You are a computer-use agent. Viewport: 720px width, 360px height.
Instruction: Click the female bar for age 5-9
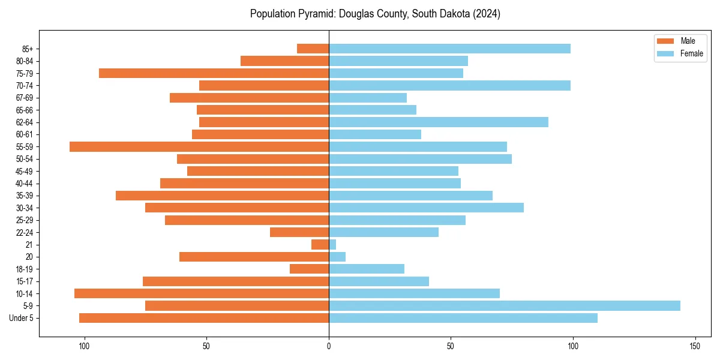pyautogui.click(x=504, y=306)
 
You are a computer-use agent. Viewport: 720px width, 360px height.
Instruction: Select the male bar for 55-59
pyautogui.click(x=199, y=146)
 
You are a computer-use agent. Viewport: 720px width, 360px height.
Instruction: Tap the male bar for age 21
pyautogui.click(x=320, y=245)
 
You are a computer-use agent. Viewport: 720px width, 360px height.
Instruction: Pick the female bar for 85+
pyautogui.click(x=449, y=49)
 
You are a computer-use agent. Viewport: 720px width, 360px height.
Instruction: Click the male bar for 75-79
pyautogui.click(x=214, y=73)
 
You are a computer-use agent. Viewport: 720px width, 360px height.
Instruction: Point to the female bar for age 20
pyautogui.click(x=337, y=257)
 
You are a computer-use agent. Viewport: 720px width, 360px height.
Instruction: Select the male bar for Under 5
pyautogui.click(x=204, y=318)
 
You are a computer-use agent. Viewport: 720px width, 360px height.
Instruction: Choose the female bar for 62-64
pyautogui.click(x=438, y=122)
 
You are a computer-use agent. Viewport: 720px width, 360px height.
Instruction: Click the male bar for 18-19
pyautogui.click(x=309, y=269)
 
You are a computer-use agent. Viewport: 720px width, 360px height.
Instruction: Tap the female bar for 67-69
pyautogui.click(x=367, y=98)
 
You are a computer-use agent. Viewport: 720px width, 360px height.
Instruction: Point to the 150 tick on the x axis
pyautogui.click(x=695, y=346)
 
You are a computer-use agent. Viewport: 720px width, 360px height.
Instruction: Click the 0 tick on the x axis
pyautogui.click(x=329, y=346)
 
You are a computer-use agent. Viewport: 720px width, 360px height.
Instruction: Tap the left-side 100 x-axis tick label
pyautogui.click(x=84, y=346)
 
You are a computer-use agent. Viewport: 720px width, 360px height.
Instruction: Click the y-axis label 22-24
pyautogui.click(x=25, y=233)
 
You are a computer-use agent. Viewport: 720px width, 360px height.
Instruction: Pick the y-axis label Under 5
pyautogui.click(x=21, y=318)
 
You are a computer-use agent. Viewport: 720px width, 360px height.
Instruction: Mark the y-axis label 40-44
pyautogui.click(x=25, y=184)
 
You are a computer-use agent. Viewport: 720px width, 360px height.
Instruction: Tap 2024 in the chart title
pyautogui.click(x=487, y=14)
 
